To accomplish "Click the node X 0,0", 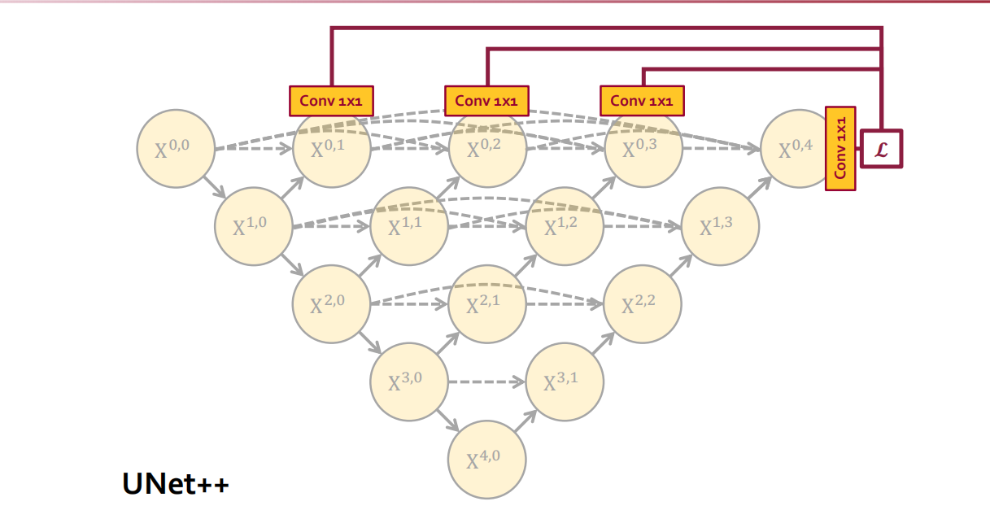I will [176, 149].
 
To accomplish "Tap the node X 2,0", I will [331, 304].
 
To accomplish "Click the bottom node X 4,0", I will [486, 460].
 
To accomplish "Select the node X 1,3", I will [720, 226].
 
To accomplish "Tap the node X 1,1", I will [408, 226].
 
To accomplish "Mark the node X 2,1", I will [486, 304].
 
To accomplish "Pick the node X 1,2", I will [565, 226].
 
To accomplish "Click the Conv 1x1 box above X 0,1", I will [331, 101].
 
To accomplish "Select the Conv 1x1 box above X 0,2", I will [486, 101].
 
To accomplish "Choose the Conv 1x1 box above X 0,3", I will [642, 101].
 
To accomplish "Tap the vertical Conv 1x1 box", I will [840, 149].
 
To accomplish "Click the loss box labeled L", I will [882, 149].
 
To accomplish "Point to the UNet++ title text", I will [176, 484].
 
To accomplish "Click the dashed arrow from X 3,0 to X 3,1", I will [486, 382].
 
